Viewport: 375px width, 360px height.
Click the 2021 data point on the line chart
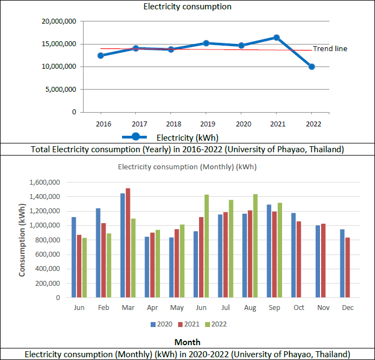(277, 37)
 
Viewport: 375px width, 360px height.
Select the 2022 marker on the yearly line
(312, 67)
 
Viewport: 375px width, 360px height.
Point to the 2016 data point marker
(101, 56)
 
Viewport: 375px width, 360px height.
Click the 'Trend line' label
(330, 49)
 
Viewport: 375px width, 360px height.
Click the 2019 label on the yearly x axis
(206, 124)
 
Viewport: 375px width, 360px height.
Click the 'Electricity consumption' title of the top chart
(187, 7)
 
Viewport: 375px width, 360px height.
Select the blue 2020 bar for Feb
(97, 253)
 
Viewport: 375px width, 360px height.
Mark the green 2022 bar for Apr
(158, 264)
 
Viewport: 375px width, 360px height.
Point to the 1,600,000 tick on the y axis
(43, 182)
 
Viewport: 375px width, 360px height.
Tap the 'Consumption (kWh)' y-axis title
(23, 240)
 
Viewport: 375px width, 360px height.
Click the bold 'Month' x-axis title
(187, 342)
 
